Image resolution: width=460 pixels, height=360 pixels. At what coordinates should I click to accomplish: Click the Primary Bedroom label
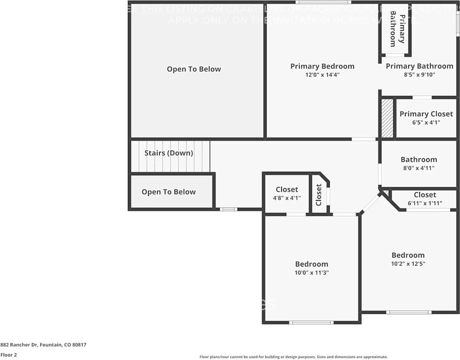(x=322, y=66)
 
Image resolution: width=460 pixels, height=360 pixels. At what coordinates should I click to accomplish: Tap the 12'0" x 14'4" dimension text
(x=322, y=75)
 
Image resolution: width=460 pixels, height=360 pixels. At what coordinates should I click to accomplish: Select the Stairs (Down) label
(x=169, y=153)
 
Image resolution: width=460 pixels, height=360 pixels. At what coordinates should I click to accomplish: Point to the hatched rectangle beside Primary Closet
(x=387, y=118)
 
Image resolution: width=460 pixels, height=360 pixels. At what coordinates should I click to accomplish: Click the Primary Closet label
(x=426, y=114)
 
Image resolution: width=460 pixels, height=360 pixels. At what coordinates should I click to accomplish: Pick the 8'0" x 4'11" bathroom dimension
(x=419, y=168)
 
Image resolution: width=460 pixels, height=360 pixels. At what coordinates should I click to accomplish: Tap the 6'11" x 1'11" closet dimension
(x=425, y=203)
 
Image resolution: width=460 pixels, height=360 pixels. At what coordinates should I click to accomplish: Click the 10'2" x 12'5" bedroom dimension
(x=408, y=264)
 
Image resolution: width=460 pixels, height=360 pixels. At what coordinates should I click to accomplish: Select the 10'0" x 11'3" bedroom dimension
(x=312, y=273)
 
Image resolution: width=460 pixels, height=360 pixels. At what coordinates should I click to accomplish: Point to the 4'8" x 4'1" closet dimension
(x=287, y=198)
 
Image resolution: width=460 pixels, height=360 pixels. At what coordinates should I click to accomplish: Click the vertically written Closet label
(x=319, y=195)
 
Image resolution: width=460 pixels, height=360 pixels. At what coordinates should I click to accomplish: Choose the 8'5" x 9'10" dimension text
(x=419, y=75)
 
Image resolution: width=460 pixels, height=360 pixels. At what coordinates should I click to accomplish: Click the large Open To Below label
(x=194, y=69)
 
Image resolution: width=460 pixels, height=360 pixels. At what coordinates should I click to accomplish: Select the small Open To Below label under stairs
(x=168, y=192)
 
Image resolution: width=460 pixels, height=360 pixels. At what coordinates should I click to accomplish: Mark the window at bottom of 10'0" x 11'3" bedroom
(x=311, y=323)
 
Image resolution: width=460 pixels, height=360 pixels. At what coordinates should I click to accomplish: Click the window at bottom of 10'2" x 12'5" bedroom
(x=409, y=312)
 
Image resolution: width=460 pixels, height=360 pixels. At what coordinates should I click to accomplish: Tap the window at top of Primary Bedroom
(x=323, y=2)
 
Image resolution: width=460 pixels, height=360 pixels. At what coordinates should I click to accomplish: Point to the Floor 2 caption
(x=8, y=355)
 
